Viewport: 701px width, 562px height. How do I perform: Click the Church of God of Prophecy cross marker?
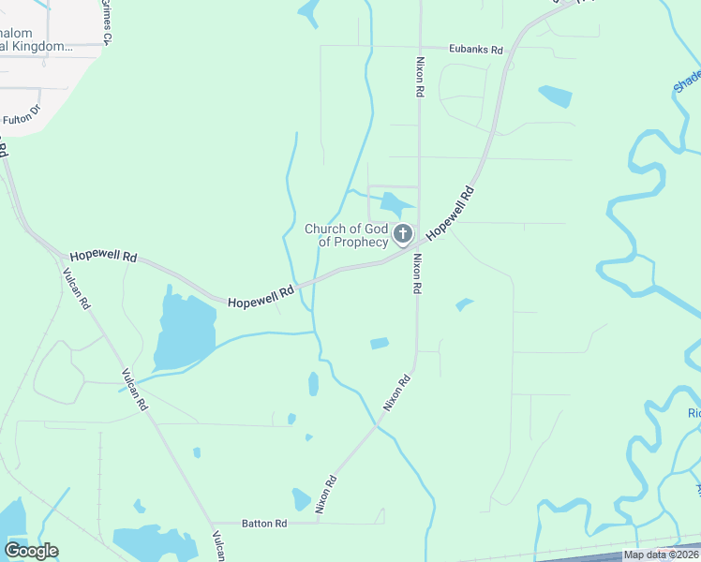click(x=403, y=233)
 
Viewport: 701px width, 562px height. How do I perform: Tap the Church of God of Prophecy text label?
click(x=346, y=235)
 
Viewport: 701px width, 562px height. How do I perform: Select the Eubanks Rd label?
click(x=476, y=50)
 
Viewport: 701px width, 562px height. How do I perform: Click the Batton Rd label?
click(x=267, y=524)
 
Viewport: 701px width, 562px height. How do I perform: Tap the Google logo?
click(x=31, y=550)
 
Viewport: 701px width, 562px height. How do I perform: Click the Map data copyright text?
click(x=662, y=555)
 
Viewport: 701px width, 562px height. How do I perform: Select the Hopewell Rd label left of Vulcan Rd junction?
click(x=104, y=256)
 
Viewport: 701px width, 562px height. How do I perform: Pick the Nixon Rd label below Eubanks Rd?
click(x=420, y=79)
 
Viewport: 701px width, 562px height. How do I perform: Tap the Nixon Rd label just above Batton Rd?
click(x=325, y=495)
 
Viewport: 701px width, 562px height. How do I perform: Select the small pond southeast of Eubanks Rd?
click(x=555, y=95)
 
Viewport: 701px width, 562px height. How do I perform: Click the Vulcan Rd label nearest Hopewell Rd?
click(x=76, y=289)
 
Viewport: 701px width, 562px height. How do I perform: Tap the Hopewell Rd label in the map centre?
click(x=261, y=297)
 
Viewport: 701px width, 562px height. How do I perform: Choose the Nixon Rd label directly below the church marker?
click(x=418, y=274)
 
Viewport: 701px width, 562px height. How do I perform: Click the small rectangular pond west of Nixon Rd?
click(x=379, y=343)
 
